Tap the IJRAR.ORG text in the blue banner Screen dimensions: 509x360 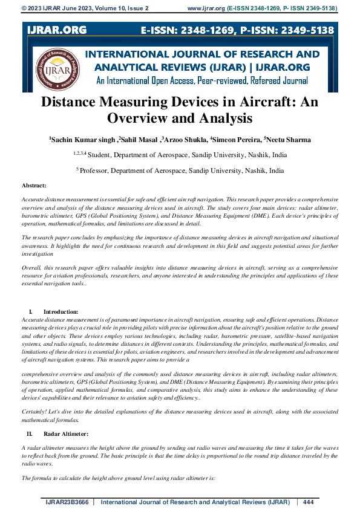56,30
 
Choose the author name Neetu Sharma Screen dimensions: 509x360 288,140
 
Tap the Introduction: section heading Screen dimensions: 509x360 61,311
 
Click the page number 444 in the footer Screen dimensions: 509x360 308,502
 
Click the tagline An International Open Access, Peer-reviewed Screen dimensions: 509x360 202,80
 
